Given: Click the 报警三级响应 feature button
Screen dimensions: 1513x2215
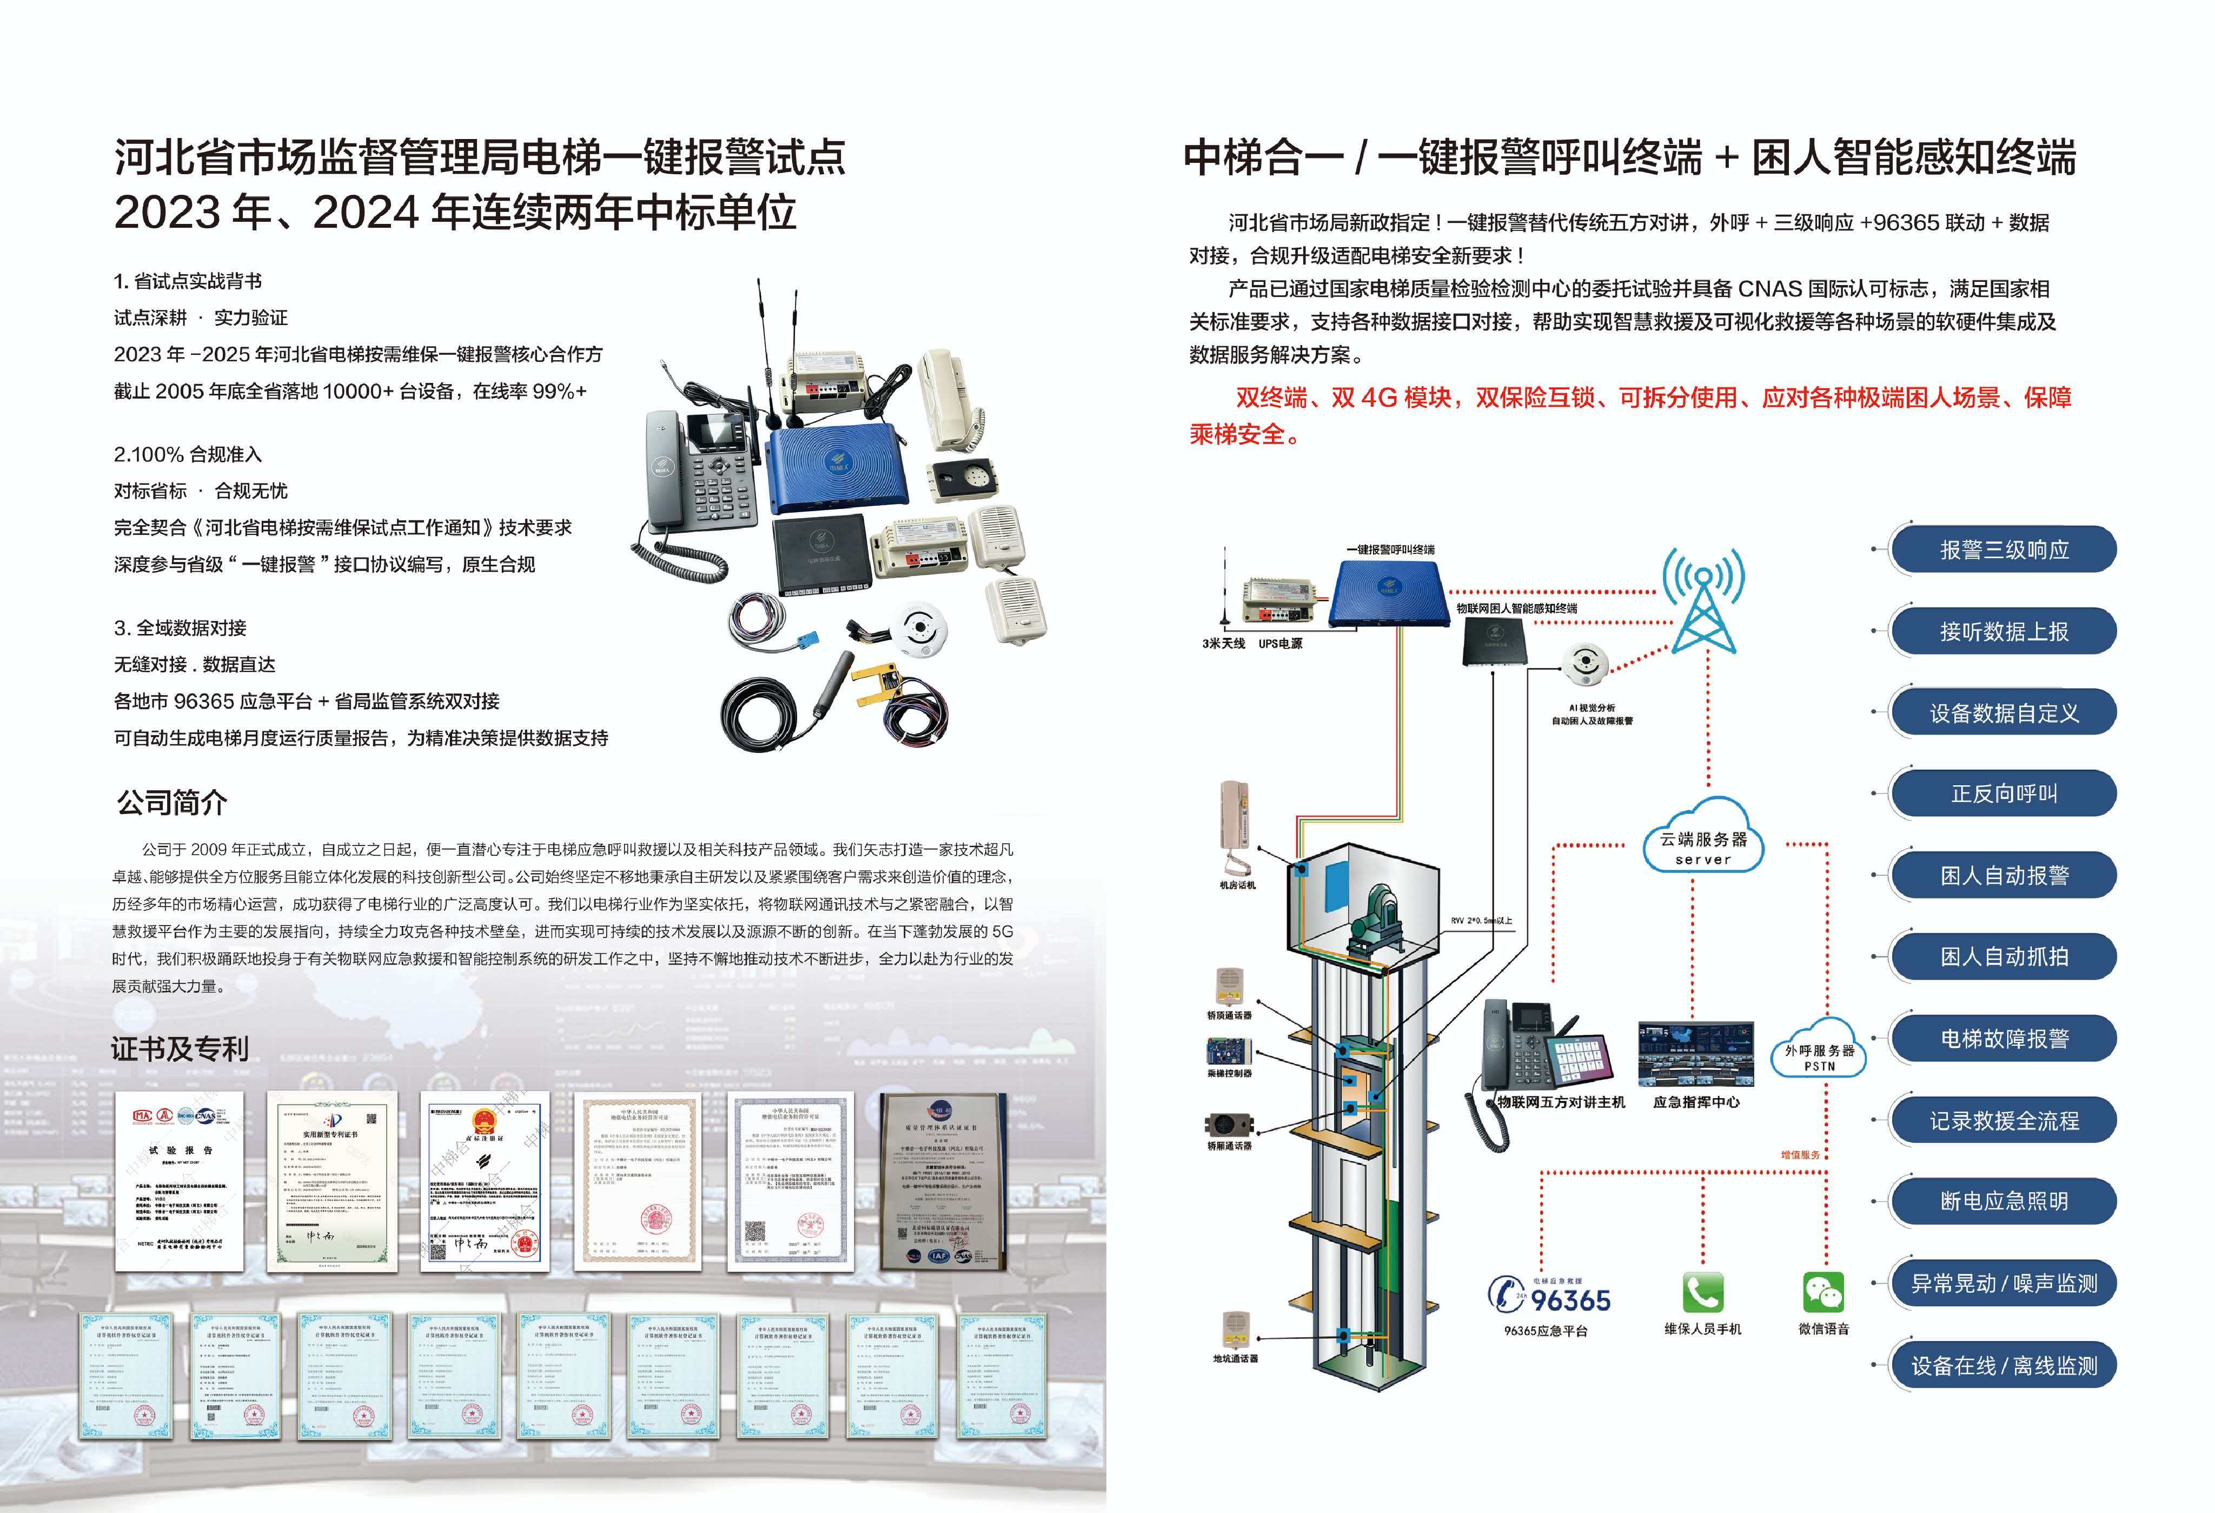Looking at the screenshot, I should [x=2004, y=550].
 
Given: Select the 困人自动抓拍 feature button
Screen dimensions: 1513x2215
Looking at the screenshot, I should [x=2004, y=957].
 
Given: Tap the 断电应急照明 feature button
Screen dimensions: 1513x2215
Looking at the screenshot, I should [x=2004, y=1201].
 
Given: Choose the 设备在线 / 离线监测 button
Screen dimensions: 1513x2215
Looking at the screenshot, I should [x=2004, y=1365].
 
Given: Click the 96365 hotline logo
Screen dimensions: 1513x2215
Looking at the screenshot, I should [x=1549, y=1297].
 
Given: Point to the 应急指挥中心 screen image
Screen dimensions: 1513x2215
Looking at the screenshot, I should [x=1695, y=1054].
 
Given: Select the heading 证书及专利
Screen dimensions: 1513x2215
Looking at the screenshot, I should [x=179, y=1049].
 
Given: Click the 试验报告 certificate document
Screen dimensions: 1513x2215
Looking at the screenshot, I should [x=179, y=1181].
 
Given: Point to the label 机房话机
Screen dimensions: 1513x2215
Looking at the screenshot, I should [x=1237, y=886].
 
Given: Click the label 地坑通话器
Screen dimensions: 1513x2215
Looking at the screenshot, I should [x=1235, y=1358].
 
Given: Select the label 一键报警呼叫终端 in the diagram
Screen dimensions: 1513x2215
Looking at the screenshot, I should [x=1390, y=550].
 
